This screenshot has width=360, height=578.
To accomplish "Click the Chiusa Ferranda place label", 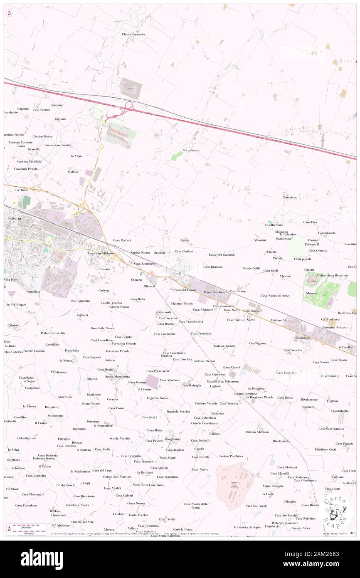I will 133,34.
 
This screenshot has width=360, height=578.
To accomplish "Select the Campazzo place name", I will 289,197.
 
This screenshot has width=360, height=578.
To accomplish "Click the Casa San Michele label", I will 100,253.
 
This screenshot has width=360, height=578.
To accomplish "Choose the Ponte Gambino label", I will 215,292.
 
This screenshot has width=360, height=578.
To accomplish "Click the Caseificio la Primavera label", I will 223,381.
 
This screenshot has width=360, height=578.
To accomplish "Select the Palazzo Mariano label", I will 257,432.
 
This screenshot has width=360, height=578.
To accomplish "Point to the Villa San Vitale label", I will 256,506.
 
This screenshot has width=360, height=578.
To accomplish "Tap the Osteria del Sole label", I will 82,522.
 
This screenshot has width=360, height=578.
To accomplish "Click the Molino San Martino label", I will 117,477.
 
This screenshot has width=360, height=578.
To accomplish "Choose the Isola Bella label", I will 138,299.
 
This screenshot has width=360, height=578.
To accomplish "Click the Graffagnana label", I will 258,343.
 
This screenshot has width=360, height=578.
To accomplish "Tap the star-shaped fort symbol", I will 311,282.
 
